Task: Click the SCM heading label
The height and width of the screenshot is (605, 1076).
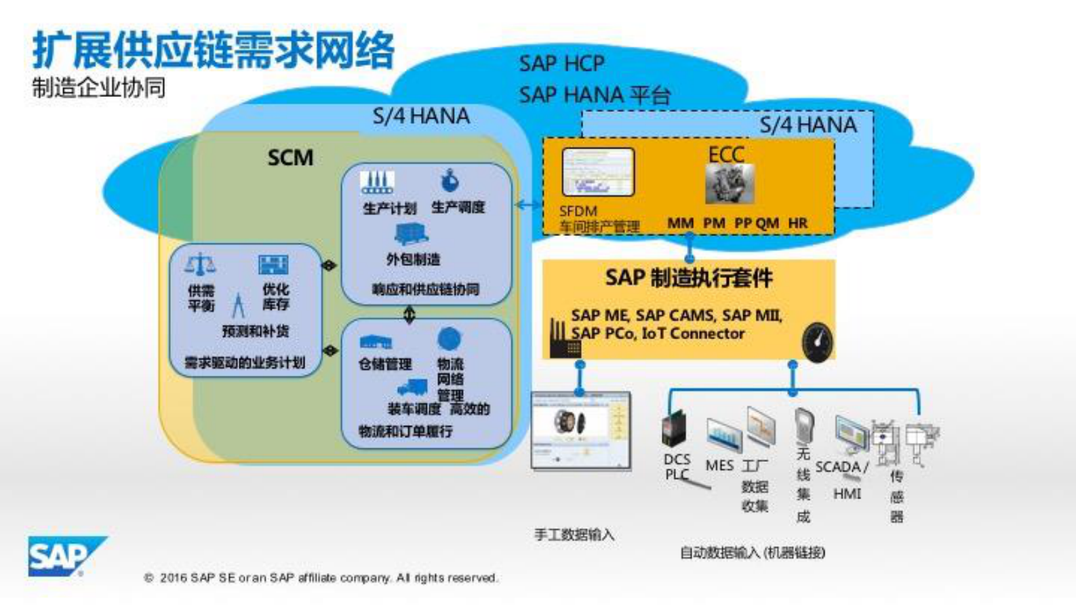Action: click(x=290, y=158)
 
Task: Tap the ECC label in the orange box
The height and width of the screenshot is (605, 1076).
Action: click(x=726, y=155)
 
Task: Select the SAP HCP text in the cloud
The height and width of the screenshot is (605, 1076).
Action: click(x=561, y=64)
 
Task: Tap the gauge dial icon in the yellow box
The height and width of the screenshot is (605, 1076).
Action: click(x=816, y=343)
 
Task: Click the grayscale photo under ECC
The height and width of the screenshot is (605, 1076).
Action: click(x=730, y=184)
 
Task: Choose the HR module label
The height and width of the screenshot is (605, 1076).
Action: click(x=797, y=223)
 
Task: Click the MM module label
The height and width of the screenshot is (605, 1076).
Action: click(x=680, y=223)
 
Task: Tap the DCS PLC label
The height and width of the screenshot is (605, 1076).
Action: click(x=677, y=467)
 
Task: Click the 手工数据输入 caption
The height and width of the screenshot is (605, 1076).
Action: click(x=574, y=535)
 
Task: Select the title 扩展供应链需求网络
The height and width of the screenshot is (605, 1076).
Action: click(x=213, y=50)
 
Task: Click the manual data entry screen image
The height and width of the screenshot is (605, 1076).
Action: click(x=580, y=431)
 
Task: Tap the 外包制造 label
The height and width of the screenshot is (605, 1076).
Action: click(x=413, y=259)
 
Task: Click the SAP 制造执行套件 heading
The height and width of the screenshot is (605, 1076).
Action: click(x=688, y=278)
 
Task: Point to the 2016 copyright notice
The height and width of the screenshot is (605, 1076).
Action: click(x=321, y=578)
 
